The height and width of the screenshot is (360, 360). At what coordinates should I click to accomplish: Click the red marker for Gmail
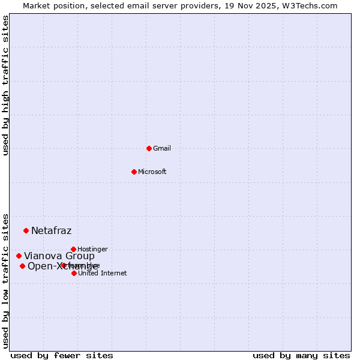(149, 148)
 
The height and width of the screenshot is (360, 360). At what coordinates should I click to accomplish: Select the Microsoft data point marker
(134, 172)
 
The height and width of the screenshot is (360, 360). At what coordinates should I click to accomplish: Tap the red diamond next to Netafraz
(26, 230)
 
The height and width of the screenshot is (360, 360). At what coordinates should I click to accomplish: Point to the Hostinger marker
(73, 249)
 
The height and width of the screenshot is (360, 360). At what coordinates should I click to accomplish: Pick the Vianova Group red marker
(19, 256)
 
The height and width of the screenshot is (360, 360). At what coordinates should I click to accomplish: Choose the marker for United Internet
(74, 273)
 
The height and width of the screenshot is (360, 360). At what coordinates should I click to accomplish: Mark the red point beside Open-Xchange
(22, 266)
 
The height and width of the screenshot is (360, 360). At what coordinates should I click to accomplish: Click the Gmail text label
(162, 148)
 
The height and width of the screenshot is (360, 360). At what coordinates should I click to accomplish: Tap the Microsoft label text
(152, 172)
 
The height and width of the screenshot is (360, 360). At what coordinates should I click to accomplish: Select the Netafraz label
(51, 230)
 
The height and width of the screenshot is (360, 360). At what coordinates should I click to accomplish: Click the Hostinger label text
(92, 249)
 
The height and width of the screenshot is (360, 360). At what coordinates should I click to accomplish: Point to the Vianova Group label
(59, 256)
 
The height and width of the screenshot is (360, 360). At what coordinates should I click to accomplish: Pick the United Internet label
(102, 273)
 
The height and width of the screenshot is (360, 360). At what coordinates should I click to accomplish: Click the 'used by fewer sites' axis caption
(62, 355)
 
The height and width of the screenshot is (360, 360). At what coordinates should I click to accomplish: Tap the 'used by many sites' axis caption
(301, 355)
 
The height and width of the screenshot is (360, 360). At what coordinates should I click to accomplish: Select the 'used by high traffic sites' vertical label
(5, 85)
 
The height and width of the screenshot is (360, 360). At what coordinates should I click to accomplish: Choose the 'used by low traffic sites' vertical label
(5, 280)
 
